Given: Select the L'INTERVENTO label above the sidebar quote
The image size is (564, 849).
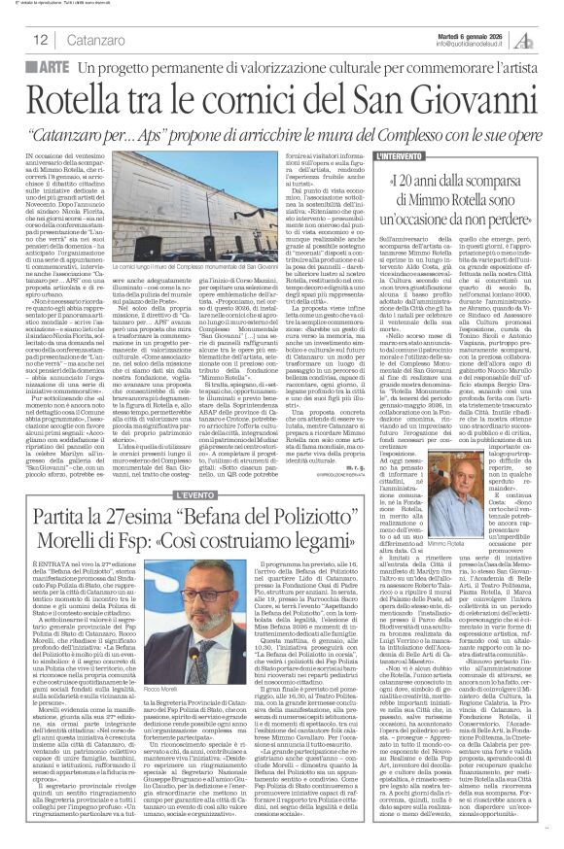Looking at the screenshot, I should coord(404,155).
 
